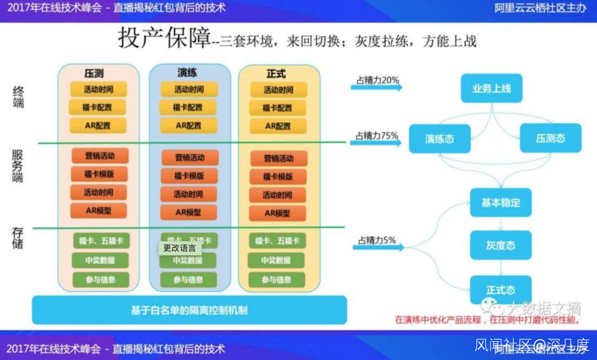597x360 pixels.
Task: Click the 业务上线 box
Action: (491, 88)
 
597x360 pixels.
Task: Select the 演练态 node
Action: (439, 138)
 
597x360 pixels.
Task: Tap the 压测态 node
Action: (551, 138)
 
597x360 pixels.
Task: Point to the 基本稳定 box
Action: (500, 202)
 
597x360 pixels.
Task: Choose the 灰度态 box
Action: (501, 245)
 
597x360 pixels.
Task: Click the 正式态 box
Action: (501, 289)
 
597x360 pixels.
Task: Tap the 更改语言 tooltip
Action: (180, 248)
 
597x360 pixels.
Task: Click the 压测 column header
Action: (94, 73)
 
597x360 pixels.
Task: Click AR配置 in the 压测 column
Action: (98, 126)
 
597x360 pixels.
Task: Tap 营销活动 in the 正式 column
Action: (278, 159)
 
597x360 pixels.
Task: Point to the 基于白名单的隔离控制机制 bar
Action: (189, 310)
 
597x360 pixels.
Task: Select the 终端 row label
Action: (18, 96)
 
